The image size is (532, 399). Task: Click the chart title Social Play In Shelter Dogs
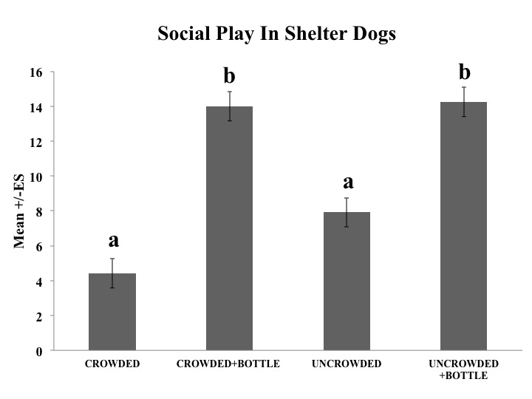[x=276, y=35]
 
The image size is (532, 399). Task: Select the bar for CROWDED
[x=112, y=312]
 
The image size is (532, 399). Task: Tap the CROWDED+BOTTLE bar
[x=229, y=228]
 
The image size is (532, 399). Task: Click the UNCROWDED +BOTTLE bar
[x=463, y=226]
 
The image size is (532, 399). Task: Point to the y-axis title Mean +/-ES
[x=21, y=211]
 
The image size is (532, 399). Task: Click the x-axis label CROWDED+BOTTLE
[x=229, y=365]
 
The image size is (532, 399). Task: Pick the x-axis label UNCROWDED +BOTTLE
[x=463, y=370]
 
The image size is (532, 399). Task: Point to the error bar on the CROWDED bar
[x=112, y=273]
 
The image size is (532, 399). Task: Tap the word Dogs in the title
[x=374, y=35]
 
